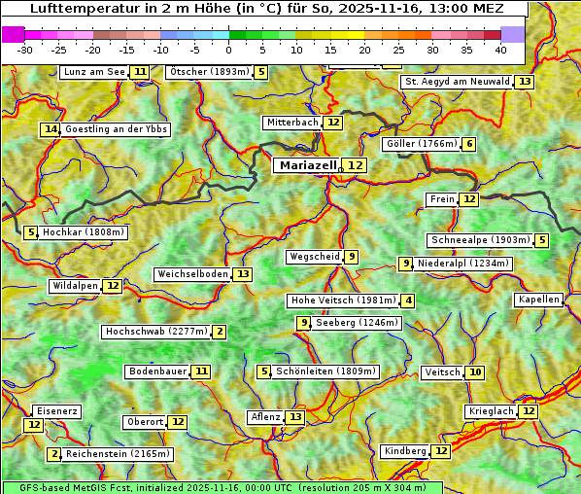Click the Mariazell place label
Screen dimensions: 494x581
(x=307, y=165)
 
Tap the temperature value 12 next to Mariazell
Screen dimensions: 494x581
(x=356, y=165)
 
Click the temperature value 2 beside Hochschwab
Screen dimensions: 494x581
(x=220, y=332)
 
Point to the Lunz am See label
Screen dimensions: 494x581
(x=93, y=72)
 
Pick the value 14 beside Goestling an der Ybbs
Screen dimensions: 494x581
(x=51, y=129)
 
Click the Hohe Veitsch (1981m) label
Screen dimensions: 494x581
(x=343, y=300)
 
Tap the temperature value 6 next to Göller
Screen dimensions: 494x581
(x=469, y=144)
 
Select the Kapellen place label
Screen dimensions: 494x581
(x=538, y=300)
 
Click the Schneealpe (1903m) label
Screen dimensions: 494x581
(x=480, y=240)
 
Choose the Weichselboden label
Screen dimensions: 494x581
(x=192, y=274)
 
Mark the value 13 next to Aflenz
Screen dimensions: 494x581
(x=295, y=417)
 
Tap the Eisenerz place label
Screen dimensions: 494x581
(x=55, y=411)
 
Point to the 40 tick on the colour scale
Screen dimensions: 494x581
(x=499, y=50)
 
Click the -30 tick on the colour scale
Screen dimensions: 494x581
(x=25, y=50)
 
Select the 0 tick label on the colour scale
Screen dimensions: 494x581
(x=228, y=50)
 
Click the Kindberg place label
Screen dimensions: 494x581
(x=404, y=451)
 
